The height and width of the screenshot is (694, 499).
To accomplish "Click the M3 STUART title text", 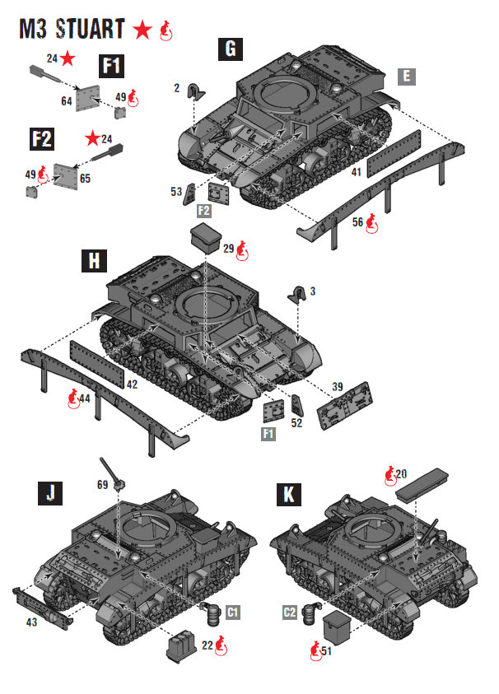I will click(x=72, y=30).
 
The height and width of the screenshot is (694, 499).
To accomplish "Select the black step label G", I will click(x=231, y=49).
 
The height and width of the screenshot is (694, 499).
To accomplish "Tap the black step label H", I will click(x=95, y=261).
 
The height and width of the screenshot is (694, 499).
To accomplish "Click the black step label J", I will click(x=51, y=493).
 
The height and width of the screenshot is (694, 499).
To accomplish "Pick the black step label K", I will click(x=289, y=494).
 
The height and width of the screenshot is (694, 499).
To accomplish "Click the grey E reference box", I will click(x=405, y=77).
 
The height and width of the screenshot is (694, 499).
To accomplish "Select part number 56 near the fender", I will click(x=358, y=221).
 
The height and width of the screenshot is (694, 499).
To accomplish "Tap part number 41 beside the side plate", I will click(x=356, y=172).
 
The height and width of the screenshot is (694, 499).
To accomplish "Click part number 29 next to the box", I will click(x=228, y=247).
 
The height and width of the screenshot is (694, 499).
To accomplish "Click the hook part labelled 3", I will click(x=298, y=293).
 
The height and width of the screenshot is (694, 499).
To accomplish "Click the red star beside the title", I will click(x=143, y=30).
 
